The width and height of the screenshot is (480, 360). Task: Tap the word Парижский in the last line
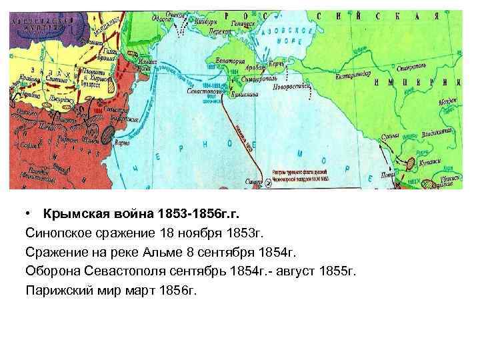[56, 291]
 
